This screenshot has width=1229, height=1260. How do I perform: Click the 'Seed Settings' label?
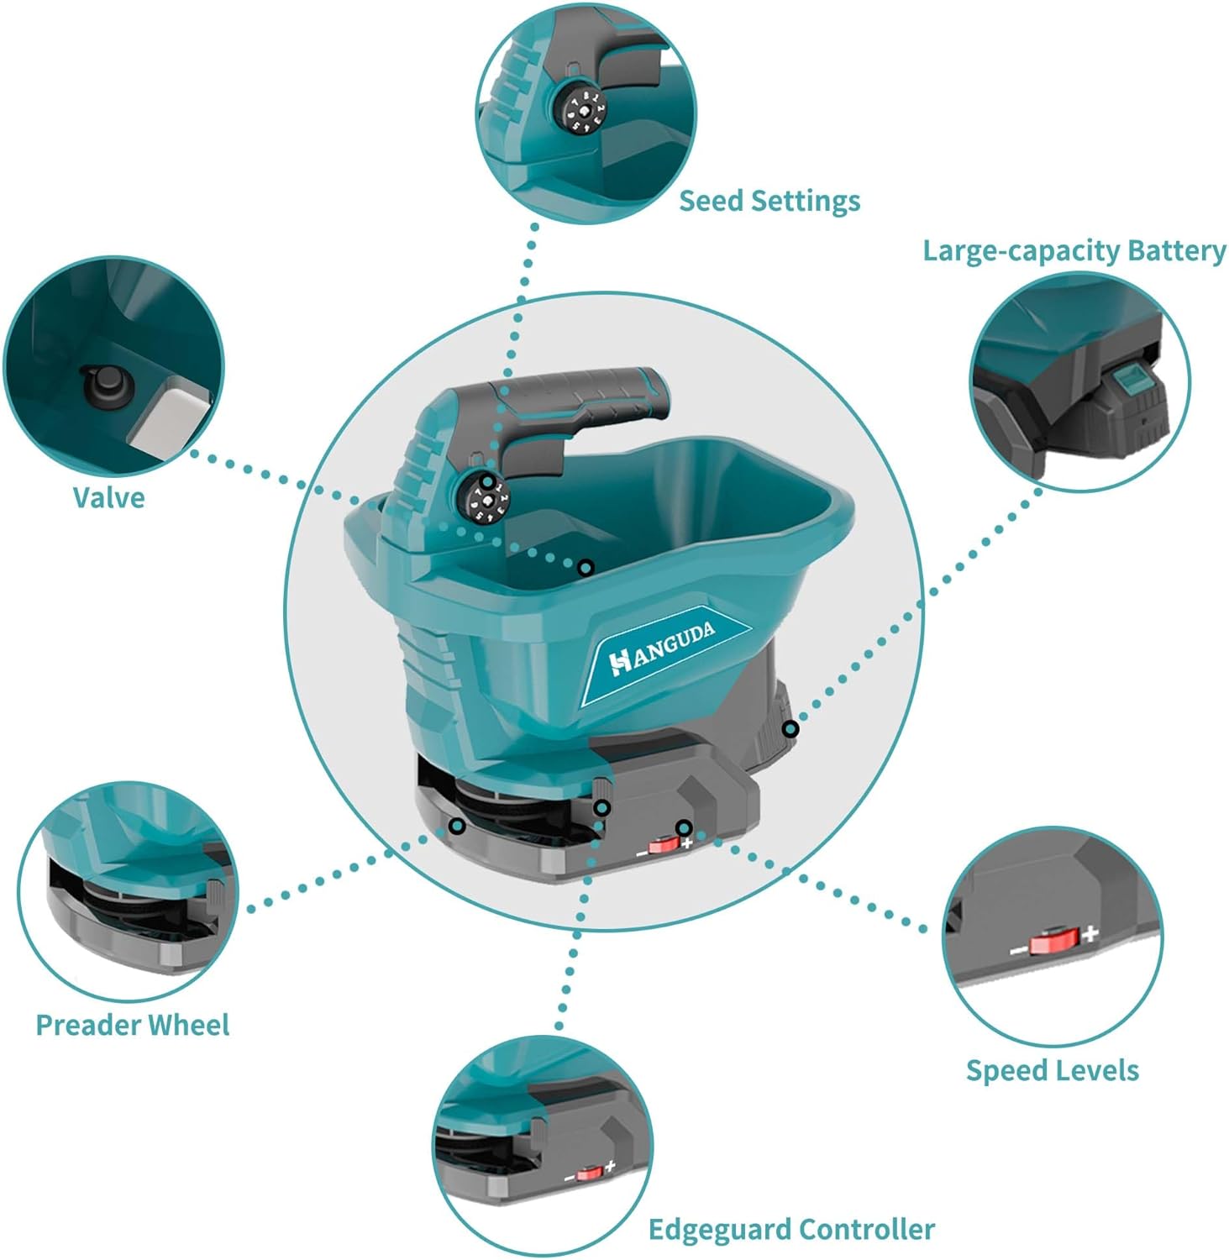pos(769,202)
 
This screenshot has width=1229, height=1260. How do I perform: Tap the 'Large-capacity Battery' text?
pos(1074,251)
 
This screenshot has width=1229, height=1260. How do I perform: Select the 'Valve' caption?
pos(108,497)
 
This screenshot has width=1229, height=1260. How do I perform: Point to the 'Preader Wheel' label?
pos(132,1025)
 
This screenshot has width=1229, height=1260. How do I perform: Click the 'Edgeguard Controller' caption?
pos(791,1230)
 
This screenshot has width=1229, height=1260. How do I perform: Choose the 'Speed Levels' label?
pos(1052,1070)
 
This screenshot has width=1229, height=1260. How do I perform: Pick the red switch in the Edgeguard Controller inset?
pos(588,1173)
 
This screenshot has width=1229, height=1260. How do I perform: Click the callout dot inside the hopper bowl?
pos(586,568)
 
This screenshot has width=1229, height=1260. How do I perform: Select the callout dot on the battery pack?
pos(790,728)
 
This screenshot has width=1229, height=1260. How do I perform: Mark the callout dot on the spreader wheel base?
pos(457,827)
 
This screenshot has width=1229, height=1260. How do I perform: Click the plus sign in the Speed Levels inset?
pos(1090,933)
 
